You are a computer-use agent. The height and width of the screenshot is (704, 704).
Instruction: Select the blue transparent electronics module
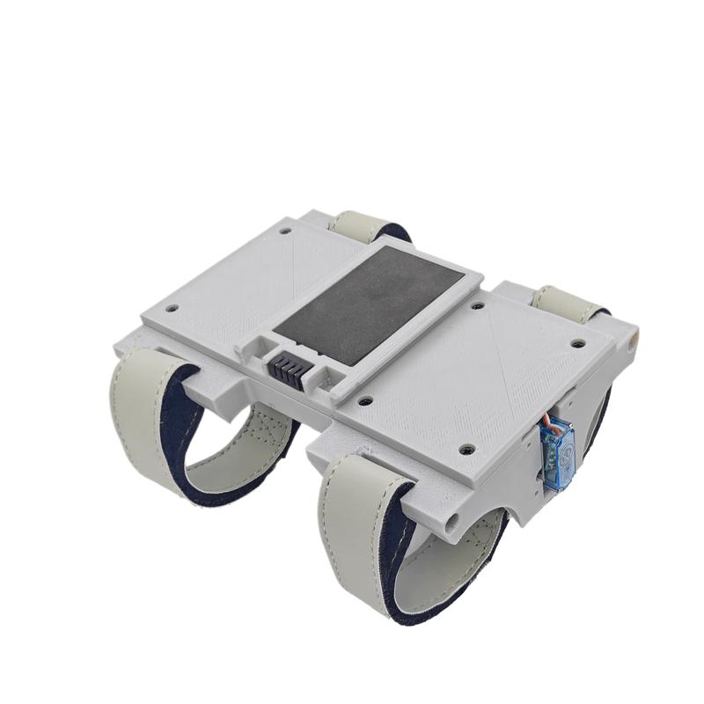tap(556, 456)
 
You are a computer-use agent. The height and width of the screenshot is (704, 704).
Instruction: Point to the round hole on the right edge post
tap(631, 336)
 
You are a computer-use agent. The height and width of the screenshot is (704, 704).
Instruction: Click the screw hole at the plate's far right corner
tap(577, 344)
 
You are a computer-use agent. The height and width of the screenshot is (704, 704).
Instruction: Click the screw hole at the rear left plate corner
tap(285, 231)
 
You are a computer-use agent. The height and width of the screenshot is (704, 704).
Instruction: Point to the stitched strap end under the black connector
tap(264, 431)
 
